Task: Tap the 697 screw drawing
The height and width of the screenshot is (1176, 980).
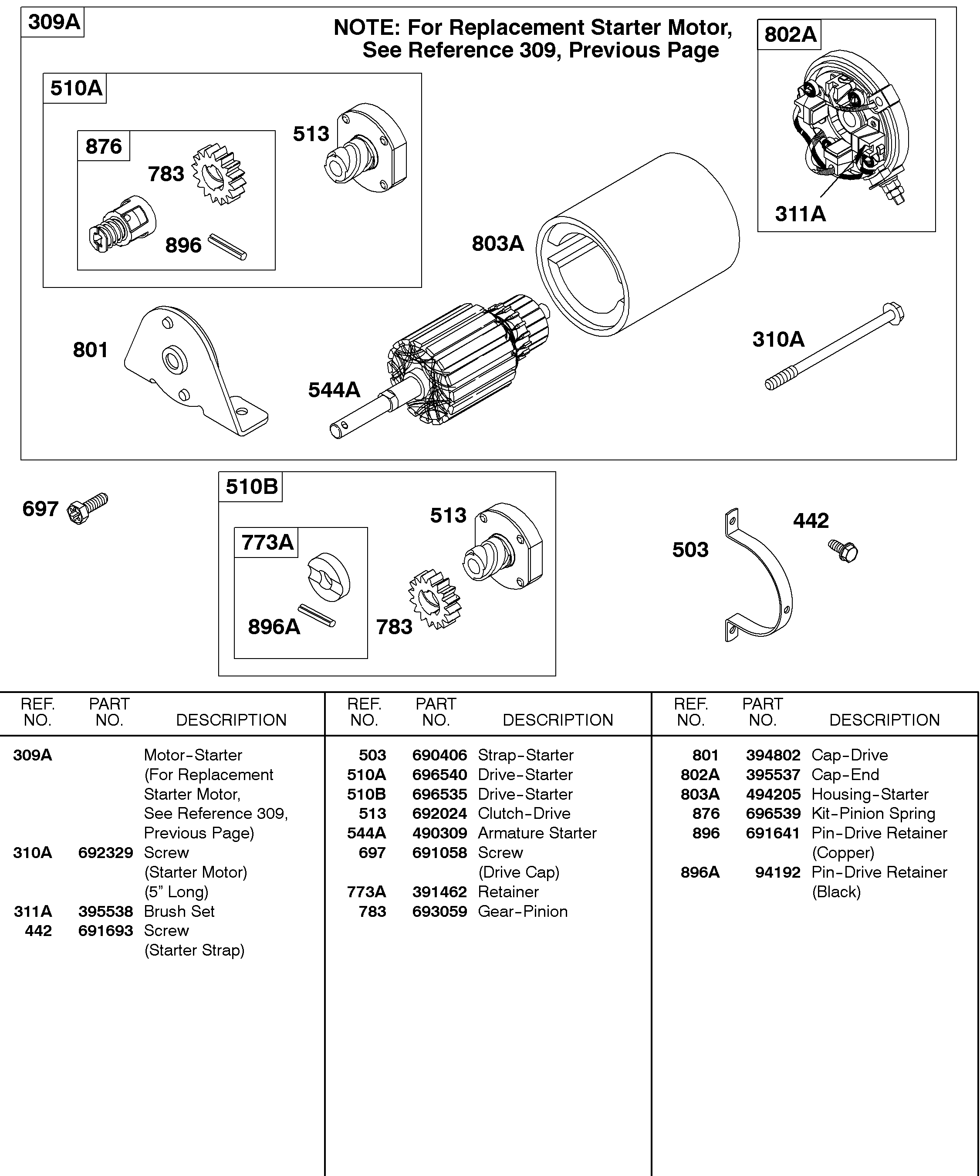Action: (88, 508)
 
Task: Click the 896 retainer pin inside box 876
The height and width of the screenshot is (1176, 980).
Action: (227, 247)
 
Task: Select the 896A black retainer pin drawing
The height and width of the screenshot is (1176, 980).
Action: (316, 615)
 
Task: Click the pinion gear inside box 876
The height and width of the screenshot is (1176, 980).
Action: (219, 174)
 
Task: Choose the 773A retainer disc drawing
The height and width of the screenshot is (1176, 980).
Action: (329, 578)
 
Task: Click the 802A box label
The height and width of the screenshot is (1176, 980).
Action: (790, 35)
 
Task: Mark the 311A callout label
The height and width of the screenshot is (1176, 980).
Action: (800, 214)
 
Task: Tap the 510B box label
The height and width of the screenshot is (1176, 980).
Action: (251, 487)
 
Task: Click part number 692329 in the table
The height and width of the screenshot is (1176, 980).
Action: (105, 852)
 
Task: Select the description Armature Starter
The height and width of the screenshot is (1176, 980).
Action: (537, 833)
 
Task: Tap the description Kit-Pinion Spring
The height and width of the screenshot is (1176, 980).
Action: (872, 813)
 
